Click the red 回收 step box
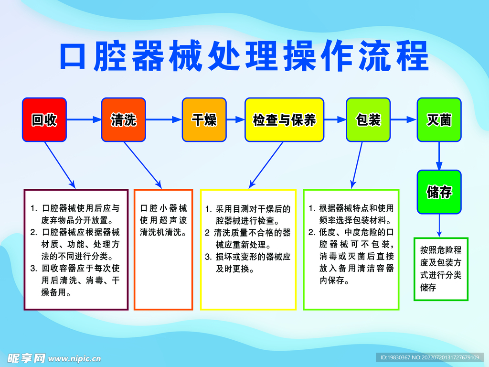pyautogui.click(x=44, y=120)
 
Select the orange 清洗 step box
pyautogui.click(x=123, y=120)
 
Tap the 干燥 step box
pyautogui.click(x=204, y=120)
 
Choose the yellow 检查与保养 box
pyautogui.click(x=284, y=120)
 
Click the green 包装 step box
pyautogui.click(x=368, y=120)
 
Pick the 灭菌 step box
pyautogui.click(x=439, y=120)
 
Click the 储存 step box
pyautogui.click(x=439, y=192)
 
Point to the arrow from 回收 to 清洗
pyautogui.click(x=84, y=120)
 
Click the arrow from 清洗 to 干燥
pyautogui.click(x=164, y=120)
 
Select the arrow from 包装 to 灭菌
pyautogui.click(x=404, y=120)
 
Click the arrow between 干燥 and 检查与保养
pyautogui.click(x=235, y=120)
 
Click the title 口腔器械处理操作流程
pyautogui.click(x=244, y=56)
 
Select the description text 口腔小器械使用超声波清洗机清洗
pyautogui.click(x=163, y=220)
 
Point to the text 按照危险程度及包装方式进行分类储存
pyautogui.click(x=440, y=269)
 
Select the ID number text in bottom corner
pyautogui.click(x=429, y=357)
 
